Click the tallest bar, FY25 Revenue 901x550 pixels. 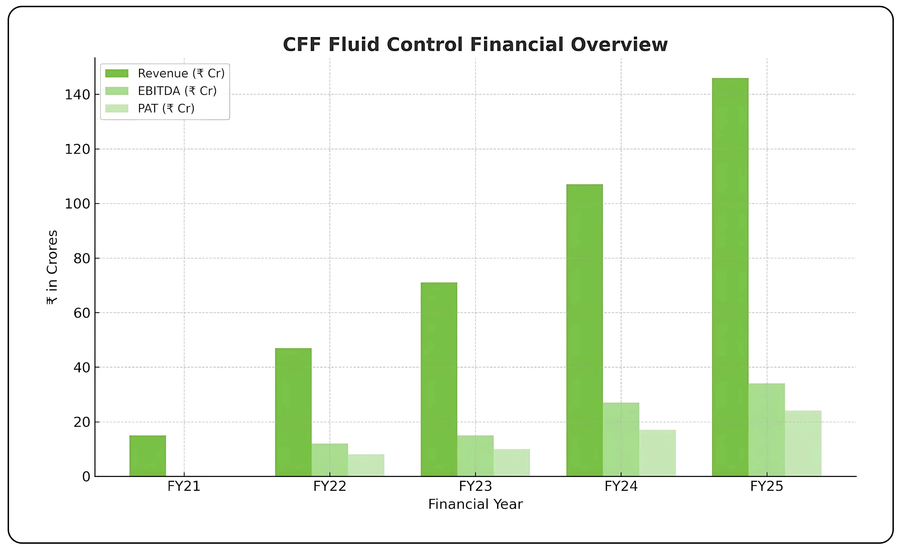click(x=730, y=277)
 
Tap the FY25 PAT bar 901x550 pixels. click(x=803, y=443)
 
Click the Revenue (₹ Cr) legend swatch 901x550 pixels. click(x=117, y=74)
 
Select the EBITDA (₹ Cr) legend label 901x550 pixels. click(x=177, y=91)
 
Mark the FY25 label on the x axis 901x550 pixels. click(x=767, y=486)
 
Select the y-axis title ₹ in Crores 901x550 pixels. click(x=52, y=267)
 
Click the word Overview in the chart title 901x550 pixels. click(x=619, y=45)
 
